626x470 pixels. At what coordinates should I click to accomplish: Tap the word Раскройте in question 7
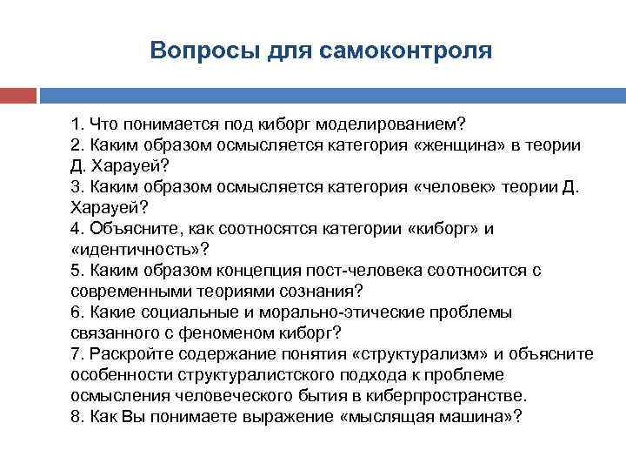pyautogui.click(x=126, y=354)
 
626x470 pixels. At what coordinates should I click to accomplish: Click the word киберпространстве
pyautogui.click(x=454, y=396)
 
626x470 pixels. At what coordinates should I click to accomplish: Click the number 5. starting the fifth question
pyautogui.click(x=77, y=271)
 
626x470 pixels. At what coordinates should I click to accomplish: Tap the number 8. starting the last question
pyautogui.click(x=77, y=417)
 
